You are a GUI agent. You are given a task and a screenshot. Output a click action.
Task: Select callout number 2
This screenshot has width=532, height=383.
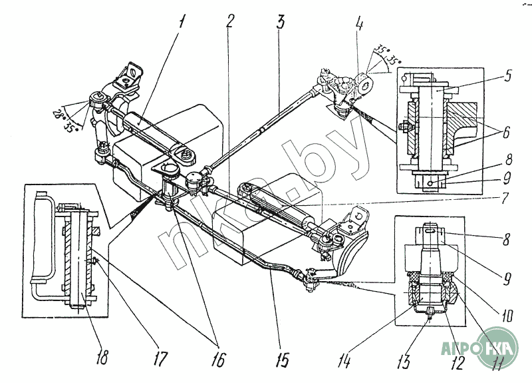pyautogui.click(x=229, y=21)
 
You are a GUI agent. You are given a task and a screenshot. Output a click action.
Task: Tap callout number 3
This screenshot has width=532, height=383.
pyautogui.click(x=280, y=21)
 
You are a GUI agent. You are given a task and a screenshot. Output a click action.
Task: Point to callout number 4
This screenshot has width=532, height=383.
pyautogui.click(x=359, y=23)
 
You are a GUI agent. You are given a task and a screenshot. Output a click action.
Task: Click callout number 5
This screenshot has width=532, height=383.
pyautogui.click(x=507, y=76)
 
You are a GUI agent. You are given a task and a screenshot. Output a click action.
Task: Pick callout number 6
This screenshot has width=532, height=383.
pyautogui.click(x=506, y=133)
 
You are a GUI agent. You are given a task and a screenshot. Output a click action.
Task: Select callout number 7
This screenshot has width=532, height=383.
pyautogui.click(x=505, y=198)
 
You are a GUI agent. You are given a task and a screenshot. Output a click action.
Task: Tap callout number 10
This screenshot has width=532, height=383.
pyautogui.click(x=507, y=314)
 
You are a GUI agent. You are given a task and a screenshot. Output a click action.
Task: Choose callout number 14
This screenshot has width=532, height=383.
pyautogui.click(x=344, y=360)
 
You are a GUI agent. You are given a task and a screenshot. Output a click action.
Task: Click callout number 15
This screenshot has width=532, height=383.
pyautogui.click(x=282, y=360)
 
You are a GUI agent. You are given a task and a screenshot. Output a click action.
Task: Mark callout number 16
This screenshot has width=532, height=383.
pyautogui.click(x=218, y=359)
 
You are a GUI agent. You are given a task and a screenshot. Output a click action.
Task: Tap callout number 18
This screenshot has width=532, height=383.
pyautogui.click(x=102, y=357)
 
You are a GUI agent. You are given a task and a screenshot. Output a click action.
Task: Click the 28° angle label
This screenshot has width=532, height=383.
pyautogui.click(x=58, y=115)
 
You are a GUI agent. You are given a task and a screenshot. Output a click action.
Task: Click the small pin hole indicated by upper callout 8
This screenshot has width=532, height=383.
pyautogui.click(x=430, y=184)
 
